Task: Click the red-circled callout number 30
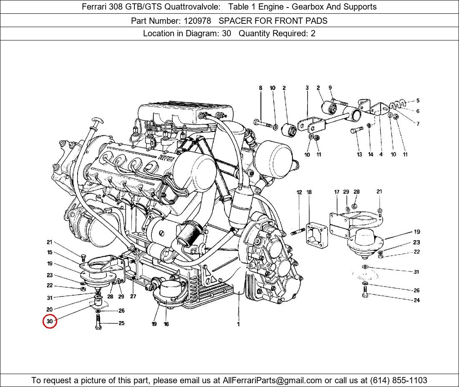coord(50,321)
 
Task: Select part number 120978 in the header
coord(197,21)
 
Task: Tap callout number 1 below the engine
coord(238,324)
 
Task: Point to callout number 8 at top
coord(260,88)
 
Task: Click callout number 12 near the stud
coord(299,192)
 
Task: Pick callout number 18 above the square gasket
coord(309,192)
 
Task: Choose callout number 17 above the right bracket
coord(337,192)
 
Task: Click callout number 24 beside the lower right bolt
coord(416,300)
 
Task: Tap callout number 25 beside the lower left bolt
coord(121,323)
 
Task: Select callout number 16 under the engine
coord(166,324)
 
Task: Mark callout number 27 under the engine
coord(133,297)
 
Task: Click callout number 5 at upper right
coord(418,101)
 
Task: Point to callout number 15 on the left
coord(50,252)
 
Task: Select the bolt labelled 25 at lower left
coord(98,322)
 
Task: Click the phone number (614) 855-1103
coord(398,380)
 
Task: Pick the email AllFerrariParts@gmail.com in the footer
coord(272,380)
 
